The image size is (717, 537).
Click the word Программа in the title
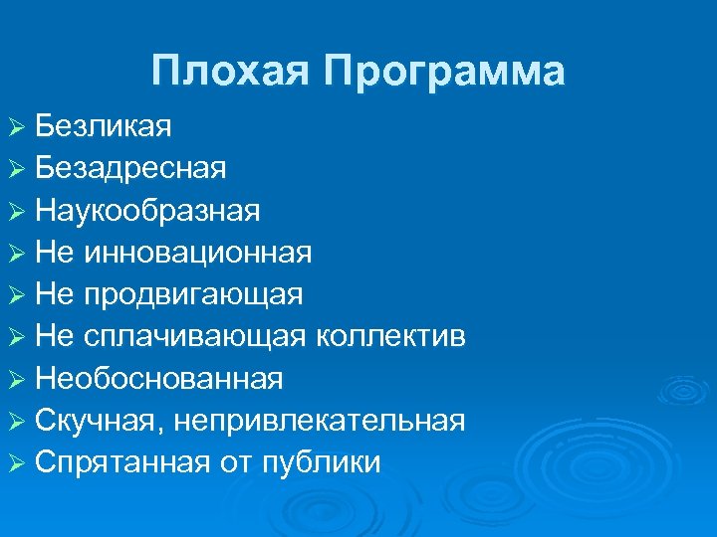445,72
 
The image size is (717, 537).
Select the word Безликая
103,125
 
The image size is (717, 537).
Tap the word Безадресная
130,168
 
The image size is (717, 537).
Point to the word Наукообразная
147,211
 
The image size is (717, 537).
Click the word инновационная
198,253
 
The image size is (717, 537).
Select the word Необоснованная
158,379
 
